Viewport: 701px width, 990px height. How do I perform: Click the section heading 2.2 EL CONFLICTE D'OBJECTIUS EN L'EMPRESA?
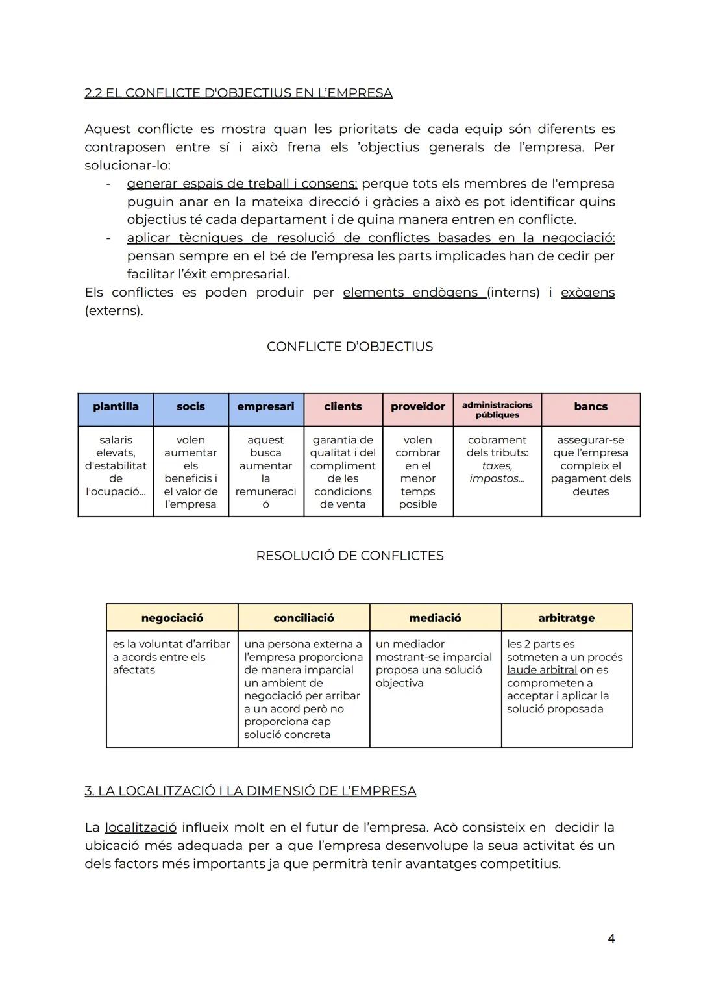pos(238,93)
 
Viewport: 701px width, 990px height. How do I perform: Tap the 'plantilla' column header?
pos(116,407)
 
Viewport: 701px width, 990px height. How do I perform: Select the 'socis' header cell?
pos(191,407)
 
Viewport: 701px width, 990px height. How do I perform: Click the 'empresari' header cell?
pos(265,407)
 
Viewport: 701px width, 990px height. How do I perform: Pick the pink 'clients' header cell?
pos(343,407)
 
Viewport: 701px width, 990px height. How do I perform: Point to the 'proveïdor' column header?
pos(418,407)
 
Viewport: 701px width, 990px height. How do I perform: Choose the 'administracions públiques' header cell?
pos(497,410)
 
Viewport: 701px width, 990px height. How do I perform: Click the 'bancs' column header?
pos(591,407)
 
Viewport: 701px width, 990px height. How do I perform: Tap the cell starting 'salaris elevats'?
pos(116,465)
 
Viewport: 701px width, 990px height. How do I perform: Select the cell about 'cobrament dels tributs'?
pos(497,459)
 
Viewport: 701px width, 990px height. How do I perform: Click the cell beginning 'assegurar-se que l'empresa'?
pos(591,465)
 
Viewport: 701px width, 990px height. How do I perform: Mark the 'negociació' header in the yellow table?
pos(172,618)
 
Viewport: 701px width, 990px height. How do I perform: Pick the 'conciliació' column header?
pos(304,618)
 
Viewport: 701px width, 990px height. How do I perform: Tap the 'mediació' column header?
pos(435,618)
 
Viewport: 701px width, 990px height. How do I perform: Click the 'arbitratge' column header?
pos(567,618)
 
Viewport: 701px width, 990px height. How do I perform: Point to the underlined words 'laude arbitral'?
pos(542,670)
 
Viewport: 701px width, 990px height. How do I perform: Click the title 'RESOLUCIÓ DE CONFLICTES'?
pos(350,556)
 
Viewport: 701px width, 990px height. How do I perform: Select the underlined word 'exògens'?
pos(587,293)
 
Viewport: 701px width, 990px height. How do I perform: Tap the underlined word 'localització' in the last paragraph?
pos(140,828)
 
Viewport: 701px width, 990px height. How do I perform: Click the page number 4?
pos(611,939)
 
